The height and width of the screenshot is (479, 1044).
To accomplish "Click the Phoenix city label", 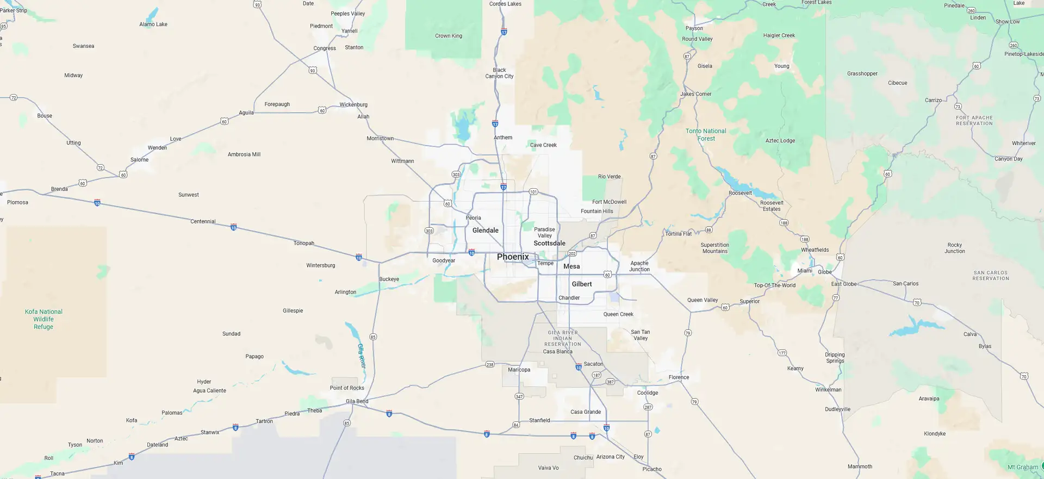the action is click(513, 257).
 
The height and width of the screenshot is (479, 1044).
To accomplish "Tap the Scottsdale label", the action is click(549, 243).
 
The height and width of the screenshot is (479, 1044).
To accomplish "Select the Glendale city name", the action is click(485, 231).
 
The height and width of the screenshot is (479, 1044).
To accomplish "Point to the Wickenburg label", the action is click(353, 104).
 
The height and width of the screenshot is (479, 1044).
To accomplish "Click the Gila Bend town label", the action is click(357, 401).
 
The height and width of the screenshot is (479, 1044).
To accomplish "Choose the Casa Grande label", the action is click(586, 412).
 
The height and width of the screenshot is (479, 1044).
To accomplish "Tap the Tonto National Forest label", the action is click(706, 135).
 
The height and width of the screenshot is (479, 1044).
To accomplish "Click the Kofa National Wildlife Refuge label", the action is click(43, 319).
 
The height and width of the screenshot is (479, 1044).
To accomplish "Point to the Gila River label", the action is click(362, 356).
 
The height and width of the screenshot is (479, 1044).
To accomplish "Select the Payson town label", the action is click(694, 28).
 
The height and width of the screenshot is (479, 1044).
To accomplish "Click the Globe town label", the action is click(824, 272).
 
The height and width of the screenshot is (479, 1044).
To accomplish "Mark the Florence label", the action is click(679, 377).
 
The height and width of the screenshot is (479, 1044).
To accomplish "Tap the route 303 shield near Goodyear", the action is click(429, 231).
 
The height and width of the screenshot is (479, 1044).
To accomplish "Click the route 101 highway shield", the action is click(533, 192).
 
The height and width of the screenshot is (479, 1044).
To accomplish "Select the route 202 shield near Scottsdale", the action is click(571, 253).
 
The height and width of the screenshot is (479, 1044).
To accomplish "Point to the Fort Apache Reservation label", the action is click(974, 120).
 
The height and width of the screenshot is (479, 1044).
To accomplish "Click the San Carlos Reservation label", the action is click(991, 276).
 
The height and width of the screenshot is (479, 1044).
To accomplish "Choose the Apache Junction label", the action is click(639, 266).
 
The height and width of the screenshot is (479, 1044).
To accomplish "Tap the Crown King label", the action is click(449, 36).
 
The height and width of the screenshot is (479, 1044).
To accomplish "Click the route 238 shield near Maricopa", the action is click(490, 364).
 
